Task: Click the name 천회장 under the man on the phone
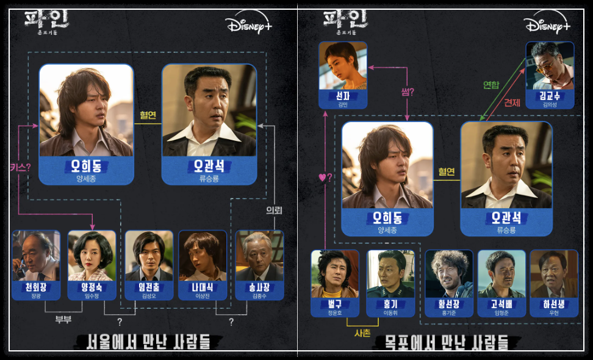[x=36, y=286]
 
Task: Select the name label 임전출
[x=149, y=286]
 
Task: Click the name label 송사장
[x=259, y=286]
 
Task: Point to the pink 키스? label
[x=20, y=167]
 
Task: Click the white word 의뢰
[x=273, y=211]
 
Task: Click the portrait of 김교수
[x=550, y=65]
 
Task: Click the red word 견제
[x=511, y=103]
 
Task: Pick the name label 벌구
[x=335, y=303]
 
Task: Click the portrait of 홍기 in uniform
[x=390, y=273]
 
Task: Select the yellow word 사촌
[x=362, y=333]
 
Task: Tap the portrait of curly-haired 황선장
[x=449, y=273]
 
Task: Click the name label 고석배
[x=501, y=303]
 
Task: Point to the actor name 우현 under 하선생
[x=554, y=312]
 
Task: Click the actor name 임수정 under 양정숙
[x=92, y=295]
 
